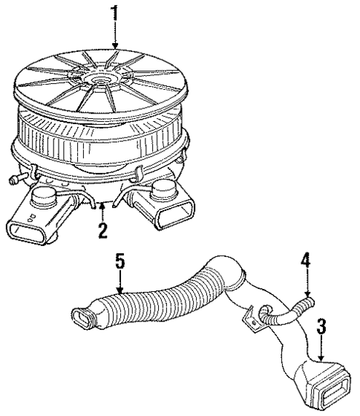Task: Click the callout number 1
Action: point(114,13)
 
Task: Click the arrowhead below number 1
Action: point(114,49)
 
